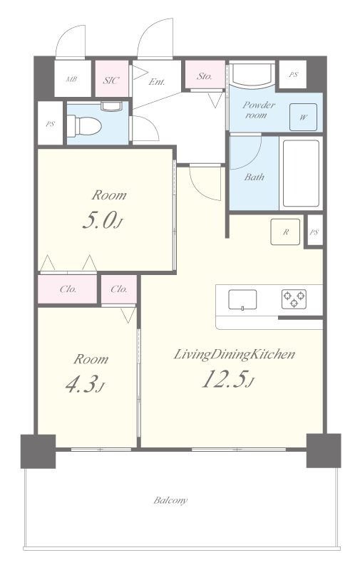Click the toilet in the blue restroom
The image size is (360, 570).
(84, 126)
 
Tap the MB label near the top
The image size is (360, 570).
(71, 79)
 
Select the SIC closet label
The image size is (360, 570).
(111, 81)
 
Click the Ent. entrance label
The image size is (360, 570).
(157, 82)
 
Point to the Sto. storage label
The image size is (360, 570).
(205, 76)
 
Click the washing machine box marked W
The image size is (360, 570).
(303, 117)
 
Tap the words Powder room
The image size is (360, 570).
(258, 110)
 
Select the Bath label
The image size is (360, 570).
(254, 177)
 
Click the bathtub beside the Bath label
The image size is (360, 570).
(301, 173)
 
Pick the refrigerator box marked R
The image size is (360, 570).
(285, 232)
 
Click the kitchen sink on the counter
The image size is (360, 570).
(242, 300)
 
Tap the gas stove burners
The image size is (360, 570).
(294, 299)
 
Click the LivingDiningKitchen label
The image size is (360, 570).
(235, 354)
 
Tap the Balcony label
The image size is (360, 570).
(170, 501)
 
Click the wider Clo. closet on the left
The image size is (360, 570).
(68, 289)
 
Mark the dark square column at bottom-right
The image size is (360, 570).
(324, 450)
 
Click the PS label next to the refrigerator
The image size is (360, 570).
(314, 232)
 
